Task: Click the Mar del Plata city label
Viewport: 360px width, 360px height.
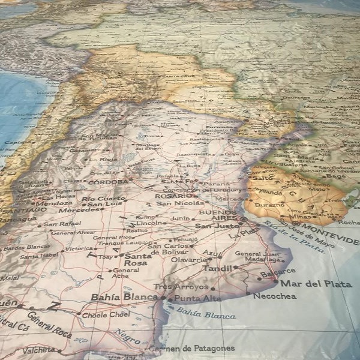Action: [316, 284]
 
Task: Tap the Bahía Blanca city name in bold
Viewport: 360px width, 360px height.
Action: [124, 297]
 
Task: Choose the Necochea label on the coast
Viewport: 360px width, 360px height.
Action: [274, 296]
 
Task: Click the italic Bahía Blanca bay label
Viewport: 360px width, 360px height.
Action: [206, 313]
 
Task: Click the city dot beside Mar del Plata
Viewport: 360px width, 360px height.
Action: [276, 281]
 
